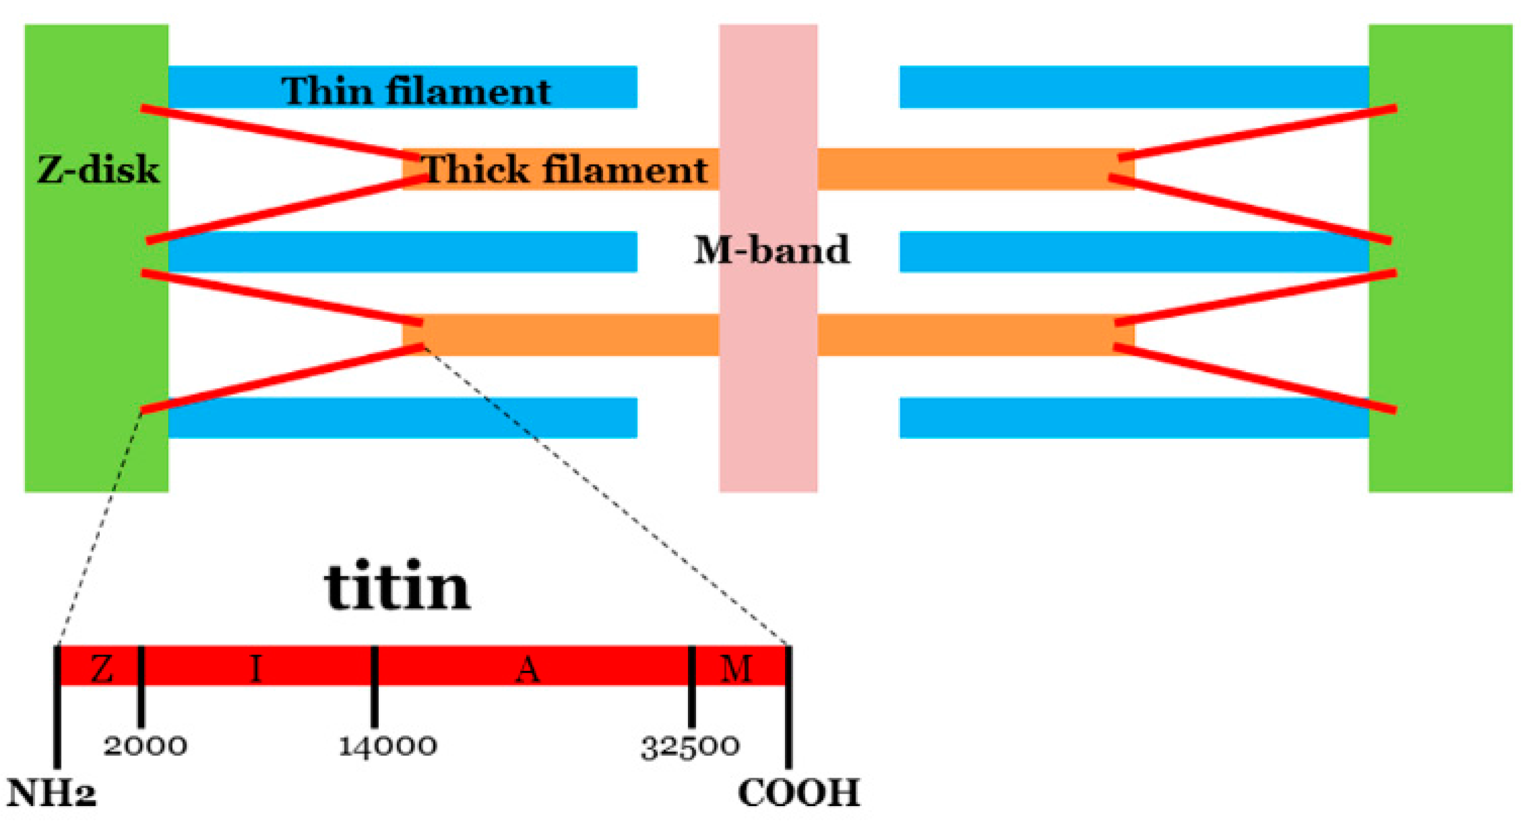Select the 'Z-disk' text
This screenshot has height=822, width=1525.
tap(98, 170)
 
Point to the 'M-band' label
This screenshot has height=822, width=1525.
tap(771, 249)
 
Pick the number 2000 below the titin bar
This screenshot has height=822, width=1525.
tap(145, 746)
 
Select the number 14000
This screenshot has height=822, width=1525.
tap(388, 746)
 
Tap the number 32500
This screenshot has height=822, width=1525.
tap(690, 747)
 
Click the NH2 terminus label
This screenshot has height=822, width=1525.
tap(51, 792)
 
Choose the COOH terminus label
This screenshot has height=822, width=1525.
tap(799, 792)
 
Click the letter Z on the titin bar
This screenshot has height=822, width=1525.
tap(102, 669)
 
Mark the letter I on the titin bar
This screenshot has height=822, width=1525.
tap(256, 669)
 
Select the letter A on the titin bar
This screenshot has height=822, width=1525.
tap(528, 669)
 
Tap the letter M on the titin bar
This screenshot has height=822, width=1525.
tap(736, 669)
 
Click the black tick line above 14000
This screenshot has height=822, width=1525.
tap(374, 686)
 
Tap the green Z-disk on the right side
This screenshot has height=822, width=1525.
tap(1440, 355)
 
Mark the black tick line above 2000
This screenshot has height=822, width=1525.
tap(141, 686)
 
